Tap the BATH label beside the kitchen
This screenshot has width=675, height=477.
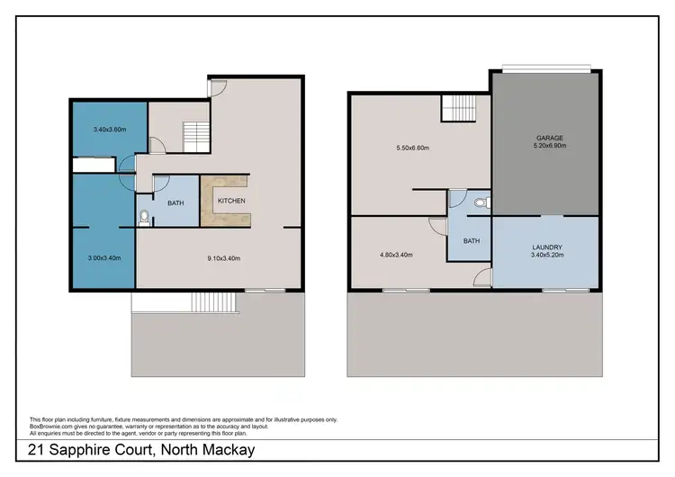[175, 203]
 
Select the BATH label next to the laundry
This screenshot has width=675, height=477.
[472, 241]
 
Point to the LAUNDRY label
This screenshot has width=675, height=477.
[546, 247]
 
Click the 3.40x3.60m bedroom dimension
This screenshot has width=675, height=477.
[110, 130]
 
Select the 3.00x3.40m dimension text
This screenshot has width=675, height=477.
[103, 258]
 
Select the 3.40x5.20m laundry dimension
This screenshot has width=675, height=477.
[546, 256]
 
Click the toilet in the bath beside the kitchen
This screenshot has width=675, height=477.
[145, 216]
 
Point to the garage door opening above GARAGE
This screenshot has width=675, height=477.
[547, 68]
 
